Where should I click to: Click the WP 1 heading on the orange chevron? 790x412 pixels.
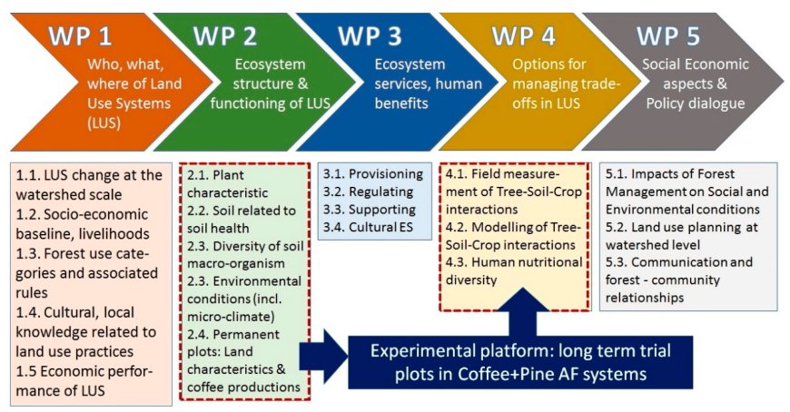pos(81,37)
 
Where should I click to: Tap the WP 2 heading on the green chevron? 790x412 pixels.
pos(225,37)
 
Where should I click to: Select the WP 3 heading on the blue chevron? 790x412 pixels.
pos(370,37)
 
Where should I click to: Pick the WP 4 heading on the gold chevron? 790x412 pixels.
pos(523,37)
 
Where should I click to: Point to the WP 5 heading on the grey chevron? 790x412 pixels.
pos(668,37)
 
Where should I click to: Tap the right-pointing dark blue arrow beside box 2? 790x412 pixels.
pos(323,357)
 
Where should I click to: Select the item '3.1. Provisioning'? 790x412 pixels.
pos(373,173)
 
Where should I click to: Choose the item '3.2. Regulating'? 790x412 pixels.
pos(369,191)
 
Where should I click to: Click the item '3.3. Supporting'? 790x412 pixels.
pos(370,210)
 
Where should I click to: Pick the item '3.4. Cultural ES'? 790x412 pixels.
pos(369,227)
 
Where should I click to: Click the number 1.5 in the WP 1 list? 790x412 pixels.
pos(25,371)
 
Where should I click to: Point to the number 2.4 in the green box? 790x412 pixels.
pos(198,335)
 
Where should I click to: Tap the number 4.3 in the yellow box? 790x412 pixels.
pos(457,262)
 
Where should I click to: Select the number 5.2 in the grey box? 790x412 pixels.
pos(617,227)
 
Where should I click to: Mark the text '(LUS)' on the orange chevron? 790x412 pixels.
pos(104,123)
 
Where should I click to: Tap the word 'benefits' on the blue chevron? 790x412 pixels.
pos(401,103)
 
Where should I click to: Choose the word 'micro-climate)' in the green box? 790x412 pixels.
pos(232,317)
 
